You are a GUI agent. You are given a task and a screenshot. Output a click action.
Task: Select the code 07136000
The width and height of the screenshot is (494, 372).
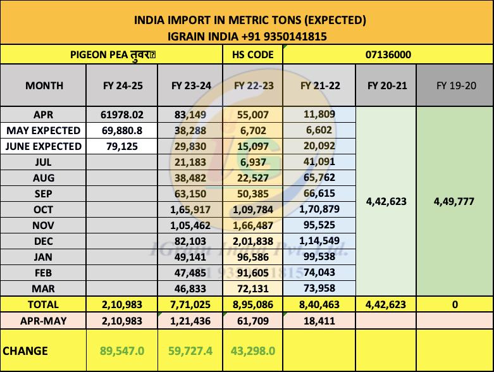(388, 54)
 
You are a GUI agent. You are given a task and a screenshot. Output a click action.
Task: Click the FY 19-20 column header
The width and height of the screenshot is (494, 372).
(455, 86)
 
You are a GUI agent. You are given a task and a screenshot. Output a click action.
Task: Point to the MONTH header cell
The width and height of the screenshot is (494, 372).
(44, 86)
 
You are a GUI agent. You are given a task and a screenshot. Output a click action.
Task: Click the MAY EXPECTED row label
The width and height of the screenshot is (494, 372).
(44, 130)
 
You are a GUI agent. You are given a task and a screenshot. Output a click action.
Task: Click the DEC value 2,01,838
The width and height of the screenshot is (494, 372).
(252, 241)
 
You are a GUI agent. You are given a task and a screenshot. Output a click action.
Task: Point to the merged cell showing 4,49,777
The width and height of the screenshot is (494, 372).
(455, 201)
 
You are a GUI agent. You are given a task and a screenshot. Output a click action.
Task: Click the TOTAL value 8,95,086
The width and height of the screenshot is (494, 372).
(252, 304)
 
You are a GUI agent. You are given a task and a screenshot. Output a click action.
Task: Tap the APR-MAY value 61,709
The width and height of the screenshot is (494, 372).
(252, 321)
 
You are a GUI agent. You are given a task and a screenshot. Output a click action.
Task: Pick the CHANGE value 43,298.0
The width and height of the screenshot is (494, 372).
(252, 350)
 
